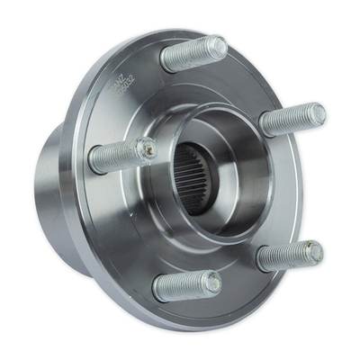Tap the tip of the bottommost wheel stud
point(212,283)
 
